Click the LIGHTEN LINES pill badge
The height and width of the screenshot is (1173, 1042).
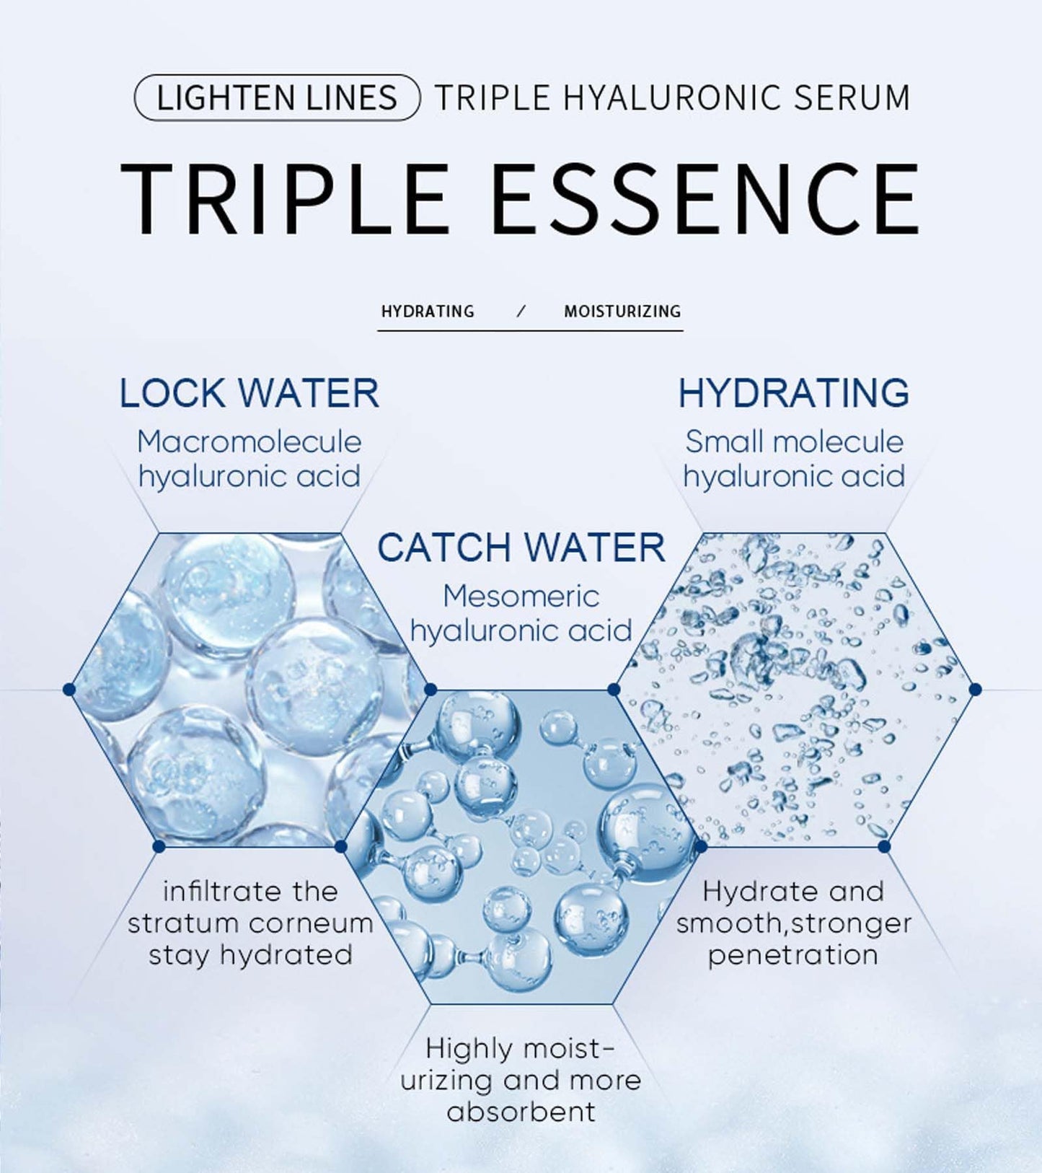tap(277, 97)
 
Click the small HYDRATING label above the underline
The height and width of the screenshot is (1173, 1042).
tap(428, 312)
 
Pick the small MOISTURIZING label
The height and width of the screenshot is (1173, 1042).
tap(622, 312)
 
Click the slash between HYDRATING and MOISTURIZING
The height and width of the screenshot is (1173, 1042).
tap(522, 312)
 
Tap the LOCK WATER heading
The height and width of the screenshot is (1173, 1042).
tap(249, 393)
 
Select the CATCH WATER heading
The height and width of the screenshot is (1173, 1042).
tap(521, 548)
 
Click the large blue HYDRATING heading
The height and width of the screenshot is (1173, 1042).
tap(793, 393)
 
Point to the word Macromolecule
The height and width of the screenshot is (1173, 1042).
tap(249, 442)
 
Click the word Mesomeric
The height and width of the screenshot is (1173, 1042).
tap(521, 597)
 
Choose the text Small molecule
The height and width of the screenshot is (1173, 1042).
tap(794, 442)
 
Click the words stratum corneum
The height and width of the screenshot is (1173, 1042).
tap(250, 923)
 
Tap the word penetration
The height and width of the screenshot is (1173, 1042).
tap(793, 955)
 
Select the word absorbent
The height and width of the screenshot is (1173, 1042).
tap(521, 1111)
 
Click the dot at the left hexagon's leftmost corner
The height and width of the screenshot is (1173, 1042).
tap(69, 690)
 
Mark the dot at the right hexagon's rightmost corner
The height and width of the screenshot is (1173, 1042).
tap(976, 690)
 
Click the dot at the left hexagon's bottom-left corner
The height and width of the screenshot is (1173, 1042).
tap(159, 845)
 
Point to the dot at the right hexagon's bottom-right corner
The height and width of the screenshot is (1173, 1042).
tap(885, 845)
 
